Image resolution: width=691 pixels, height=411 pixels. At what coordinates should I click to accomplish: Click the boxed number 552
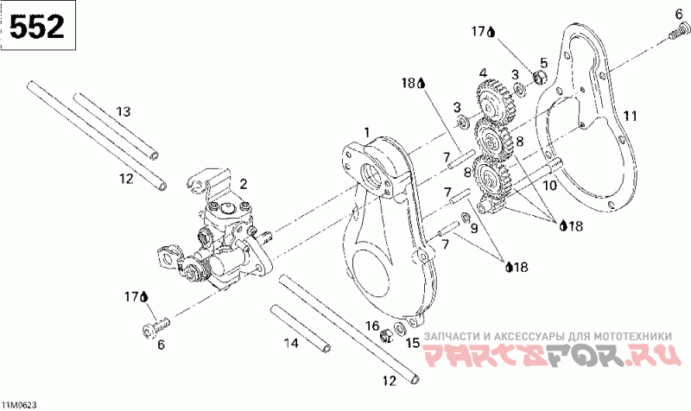coord(37,28)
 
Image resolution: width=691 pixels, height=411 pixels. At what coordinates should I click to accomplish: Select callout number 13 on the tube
coord(123,111)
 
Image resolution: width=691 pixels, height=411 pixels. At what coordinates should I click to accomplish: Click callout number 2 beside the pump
coord(244,183)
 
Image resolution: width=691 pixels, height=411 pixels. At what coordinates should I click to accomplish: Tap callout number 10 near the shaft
coord(548,185)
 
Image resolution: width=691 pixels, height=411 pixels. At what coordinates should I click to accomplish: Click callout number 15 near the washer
coord(413,344)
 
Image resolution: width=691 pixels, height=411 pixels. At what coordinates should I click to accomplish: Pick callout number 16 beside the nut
coord(372,326)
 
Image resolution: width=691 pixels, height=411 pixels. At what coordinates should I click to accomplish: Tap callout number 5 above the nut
coord(543,62)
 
